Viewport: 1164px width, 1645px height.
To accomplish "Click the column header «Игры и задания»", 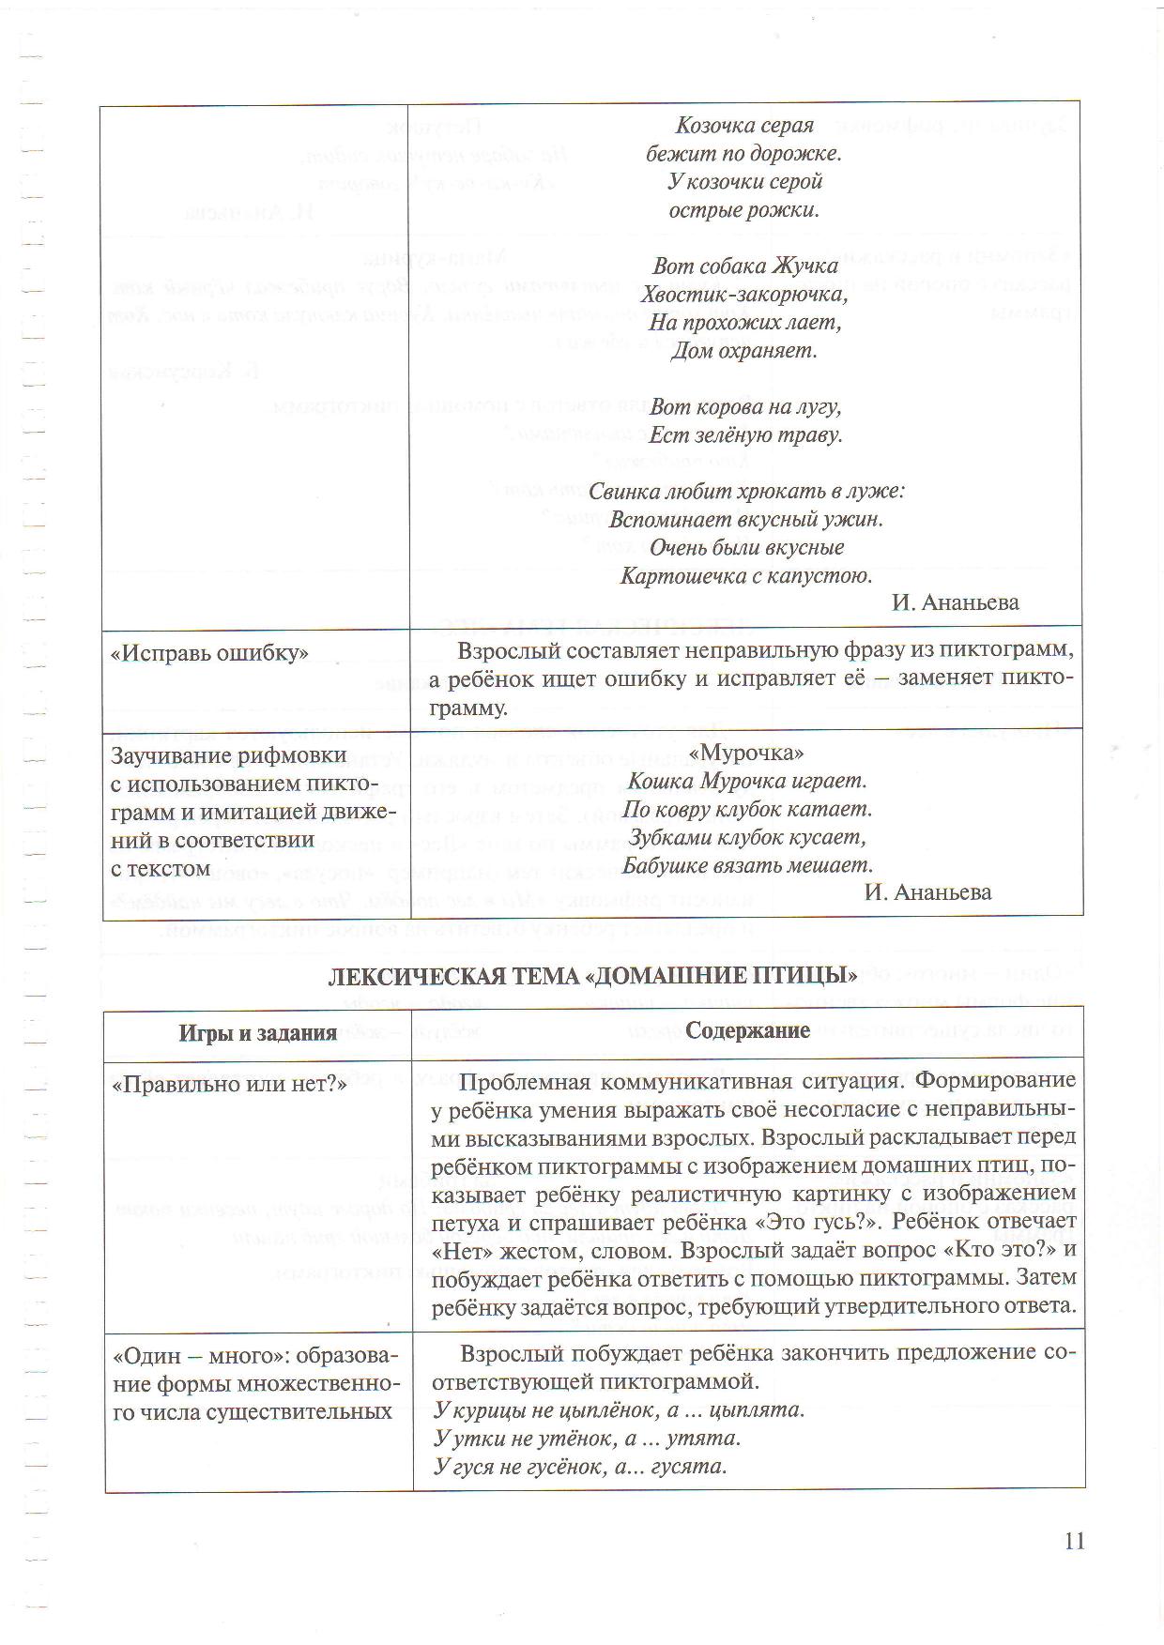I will pyautogui.click(x=257, y=1033).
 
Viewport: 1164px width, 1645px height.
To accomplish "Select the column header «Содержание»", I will pyautogui.click(x=747, y=1030).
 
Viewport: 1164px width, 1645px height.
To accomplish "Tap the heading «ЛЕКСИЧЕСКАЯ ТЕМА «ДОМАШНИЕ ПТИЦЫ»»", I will pyautogui.click(x=592, y=976).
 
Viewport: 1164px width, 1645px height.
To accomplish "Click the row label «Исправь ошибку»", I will pyautogui.click(x=209, y=654).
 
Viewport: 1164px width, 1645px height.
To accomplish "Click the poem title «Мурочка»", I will pyautogui.click(x=746, y=754).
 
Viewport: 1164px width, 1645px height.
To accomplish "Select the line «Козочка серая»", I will pyautogui.click(x=744, y=125).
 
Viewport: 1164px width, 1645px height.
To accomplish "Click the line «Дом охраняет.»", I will pyautogui.click(x=744, y=351).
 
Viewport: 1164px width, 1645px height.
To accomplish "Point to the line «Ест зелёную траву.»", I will pyautogui.click(x=745, y=435).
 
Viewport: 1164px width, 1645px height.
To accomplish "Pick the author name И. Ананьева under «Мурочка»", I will pyautogui.click(x=927, y=891).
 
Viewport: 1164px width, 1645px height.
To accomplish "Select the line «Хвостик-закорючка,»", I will pyautogui.click(x=744, y=295).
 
